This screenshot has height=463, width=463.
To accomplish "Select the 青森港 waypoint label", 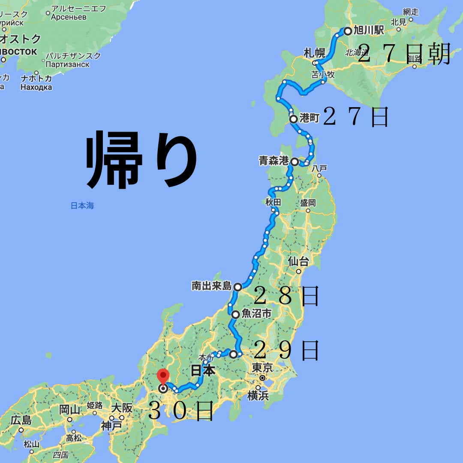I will pyautogui.click(x=274, y=162).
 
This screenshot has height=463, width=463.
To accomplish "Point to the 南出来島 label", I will pyautogui.click(x=211, y=286).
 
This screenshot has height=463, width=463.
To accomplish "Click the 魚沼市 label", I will pyautogui.click(x=257, y=314).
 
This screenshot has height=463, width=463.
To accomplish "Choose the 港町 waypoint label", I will pyautogui.click(x=310, y=119).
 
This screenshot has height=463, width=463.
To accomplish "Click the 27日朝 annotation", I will pyautogui.click(x=403, y=54).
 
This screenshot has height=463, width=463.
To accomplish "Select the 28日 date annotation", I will pyautogui.click(x=286, y=296).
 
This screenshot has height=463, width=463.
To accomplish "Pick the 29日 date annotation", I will pyautogui.click(x=286, y=351).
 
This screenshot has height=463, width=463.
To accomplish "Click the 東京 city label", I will pyautogui.click(x=262, y=367).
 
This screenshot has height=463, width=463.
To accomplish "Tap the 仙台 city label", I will pyautogui.click(x=298, y=261).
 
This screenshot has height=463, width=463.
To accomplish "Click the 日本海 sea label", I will pyautogui.click(x=82, y=206).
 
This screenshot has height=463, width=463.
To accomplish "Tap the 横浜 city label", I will pyautogui.click(x=258, y=395).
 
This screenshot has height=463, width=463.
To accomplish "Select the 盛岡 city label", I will pyautogui.click(x=308, y=202).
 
